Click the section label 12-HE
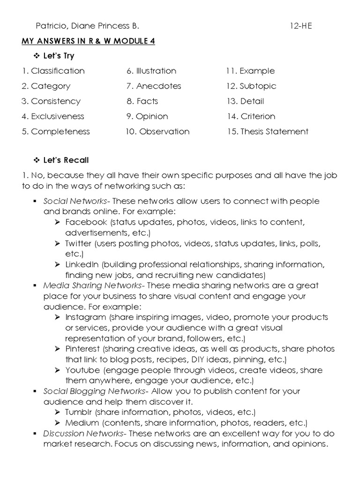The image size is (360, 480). [x=300, y=26]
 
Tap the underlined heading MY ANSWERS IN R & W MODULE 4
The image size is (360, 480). [x=88, y=41]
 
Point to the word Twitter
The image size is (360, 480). [x=78, y=244]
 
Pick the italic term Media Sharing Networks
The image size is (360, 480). [x=92, y=285]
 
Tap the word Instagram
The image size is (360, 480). [x=85, y=317]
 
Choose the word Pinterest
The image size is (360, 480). [x=82, y=349]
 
